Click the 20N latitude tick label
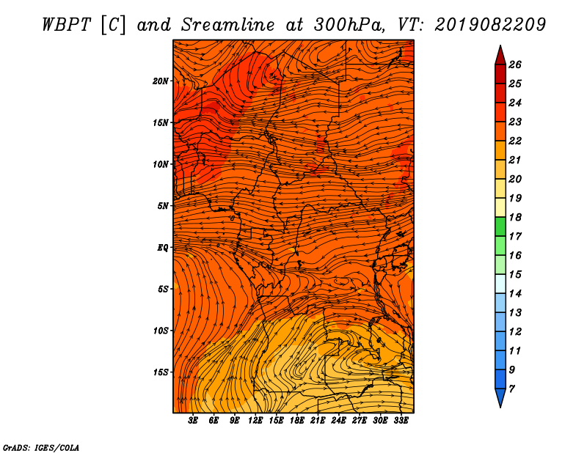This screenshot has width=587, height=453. click(x=161, y=81)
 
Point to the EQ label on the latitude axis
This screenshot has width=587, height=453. click(x=162, y=248)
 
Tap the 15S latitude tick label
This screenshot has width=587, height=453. click(x=161, y=372)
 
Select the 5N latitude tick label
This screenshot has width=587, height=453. click(x=163, y=206)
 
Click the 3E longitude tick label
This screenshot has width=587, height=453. click(x=193, y=421)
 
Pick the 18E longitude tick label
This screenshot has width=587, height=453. click(x=297, y=421)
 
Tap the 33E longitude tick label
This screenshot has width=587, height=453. click(x=401, y=421)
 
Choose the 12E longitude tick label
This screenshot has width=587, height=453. click(x=255, y=421)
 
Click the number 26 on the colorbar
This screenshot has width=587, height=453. click(x=515, y=65)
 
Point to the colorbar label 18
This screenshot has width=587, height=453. click(x=515, y=217)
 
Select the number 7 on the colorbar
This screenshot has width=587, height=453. click(x=512, y=389)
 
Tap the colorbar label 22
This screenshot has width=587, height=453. click(x=515, y=141)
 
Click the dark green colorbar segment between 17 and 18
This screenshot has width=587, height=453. click(x=500, y=226)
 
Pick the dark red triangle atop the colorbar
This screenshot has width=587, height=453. click(x=500, y=56)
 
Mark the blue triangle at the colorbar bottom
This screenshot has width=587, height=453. click(x=500, y=397)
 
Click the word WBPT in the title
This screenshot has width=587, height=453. click(x=67, y=25)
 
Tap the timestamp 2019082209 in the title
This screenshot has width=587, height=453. click(x=490, y=25)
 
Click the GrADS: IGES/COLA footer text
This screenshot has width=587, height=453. click(x=41, y=447)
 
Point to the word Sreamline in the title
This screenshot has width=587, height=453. click(x=228, y=25)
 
